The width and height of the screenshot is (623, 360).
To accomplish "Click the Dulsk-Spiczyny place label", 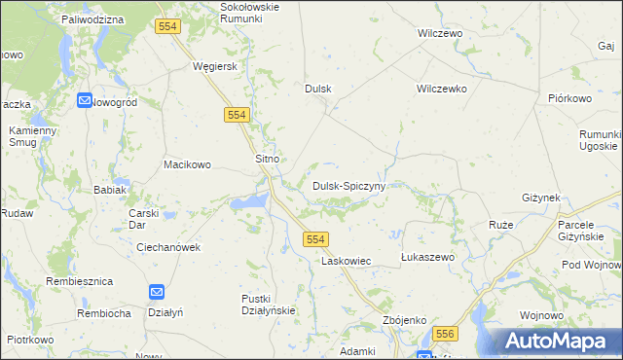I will (349, 185).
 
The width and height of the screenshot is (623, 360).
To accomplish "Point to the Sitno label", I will (267, 159).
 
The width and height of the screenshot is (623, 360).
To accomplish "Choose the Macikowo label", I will (187, 164).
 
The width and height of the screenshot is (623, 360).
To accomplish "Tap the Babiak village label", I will (109, 191).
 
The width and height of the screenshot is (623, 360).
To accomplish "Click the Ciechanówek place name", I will (168, 247).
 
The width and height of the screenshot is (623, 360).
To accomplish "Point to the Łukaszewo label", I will (428, 257).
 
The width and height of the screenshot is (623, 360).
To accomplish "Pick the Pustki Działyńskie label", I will (268, 304).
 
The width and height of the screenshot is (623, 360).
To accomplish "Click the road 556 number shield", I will (445, 334).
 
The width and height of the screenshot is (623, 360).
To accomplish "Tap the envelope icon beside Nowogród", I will (85, 100).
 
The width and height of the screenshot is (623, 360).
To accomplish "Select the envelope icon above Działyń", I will (157, 291).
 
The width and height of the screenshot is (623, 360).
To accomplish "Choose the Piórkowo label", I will (570, 98).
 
